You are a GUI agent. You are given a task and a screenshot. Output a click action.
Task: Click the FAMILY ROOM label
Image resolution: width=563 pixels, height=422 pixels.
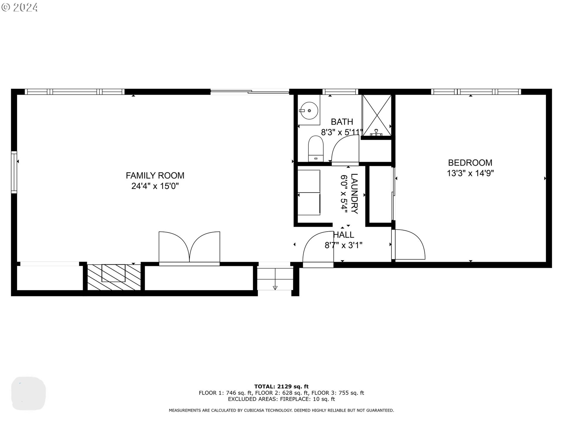[155, 175]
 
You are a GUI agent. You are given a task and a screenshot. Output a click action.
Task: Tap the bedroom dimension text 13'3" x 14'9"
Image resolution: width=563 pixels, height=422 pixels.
[470, 173]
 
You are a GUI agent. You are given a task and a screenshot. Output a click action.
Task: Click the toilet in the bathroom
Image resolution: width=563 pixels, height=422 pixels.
[316, 148]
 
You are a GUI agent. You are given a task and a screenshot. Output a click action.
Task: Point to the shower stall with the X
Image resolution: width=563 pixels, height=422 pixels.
[377, 115]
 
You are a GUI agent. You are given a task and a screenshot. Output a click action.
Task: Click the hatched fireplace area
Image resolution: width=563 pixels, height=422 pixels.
[114, 277]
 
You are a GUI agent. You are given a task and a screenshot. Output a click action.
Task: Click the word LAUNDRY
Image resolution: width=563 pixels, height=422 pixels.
[354, 194]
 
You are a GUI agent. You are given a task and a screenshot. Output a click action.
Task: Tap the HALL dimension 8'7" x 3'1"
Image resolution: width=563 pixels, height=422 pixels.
[343, 245]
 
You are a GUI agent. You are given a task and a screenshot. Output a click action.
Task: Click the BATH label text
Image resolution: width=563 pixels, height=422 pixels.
[342, 122]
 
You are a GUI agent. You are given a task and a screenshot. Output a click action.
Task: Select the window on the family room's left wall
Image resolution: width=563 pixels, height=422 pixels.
[14, 172]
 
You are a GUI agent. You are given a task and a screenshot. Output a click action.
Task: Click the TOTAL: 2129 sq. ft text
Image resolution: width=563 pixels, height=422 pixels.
[281, 387]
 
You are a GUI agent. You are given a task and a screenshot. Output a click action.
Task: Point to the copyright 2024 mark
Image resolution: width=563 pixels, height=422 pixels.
[20, 7]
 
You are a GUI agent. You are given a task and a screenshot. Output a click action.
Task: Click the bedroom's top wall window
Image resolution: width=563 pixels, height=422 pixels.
[476, 91]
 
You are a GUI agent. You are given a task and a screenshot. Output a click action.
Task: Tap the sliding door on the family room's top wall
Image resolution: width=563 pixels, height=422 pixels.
[250, 92]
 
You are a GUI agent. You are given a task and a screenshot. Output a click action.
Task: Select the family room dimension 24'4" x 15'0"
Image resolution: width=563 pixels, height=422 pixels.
[155, 186]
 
